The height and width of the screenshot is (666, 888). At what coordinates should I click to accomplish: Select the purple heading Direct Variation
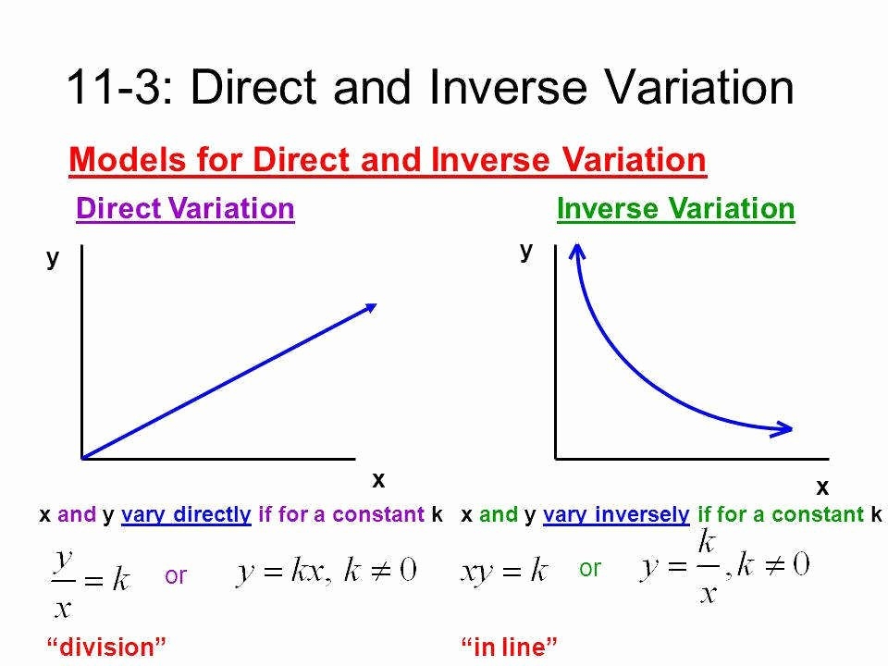pyautogui.click(x=185, y=208)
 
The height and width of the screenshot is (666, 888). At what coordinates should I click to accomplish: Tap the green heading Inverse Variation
pyautogui.click(x=675, y=208)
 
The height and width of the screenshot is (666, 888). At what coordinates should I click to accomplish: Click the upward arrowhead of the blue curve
pyautogui.click(x=576, y=251)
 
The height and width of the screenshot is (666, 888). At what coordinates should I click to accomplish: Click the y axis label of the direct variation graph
pyautogui.click(x=53, y=259)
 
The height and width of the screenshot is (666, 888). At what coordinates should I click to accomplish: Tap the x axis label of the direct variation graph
pyautogui.click(x=378, y=480)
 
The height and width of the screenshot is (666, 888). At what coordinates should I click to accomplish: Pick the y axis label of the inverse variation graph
pyautogui.click(x=526, y=251)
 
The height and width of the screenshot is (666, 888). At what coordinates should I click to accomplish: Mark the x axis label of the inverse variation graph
pyautogui.click(x=822, y=487)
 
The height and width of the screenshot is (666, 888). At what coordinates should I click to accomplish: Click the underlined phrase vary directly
pyautogui.click(x=186, y=515)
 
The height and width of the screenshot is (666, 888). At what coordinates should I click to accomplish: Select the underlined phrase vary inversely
pyautogui.click(x=616, y=515)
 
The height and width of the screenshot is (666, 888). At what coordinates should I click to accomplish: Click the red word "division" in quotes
pyautogui.click(x=106, y=647)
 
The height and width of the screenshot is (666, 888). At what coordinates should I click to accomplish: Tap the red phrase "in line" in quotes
pyautogui.click(x=509, y=647)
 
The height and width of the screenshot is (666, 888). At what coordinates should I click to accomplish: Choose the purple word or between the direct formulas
pyautogui.click(x=176, y=576)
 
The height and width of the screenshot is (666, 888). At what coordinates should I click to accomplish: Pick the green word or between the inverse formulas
pyautogui.click(x=590, y=569)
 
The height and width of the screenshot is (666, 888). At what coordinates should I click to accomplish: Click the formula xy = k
pyautogui.click(x=504, y=571)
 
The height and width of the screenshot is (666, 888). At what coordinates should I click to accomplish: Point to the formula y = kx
pyautogui.click(x=279, y=571)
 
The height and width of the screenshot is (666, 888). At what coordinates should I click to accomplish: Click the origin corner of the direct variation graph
pyautogui.click(x=82, y=458)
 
